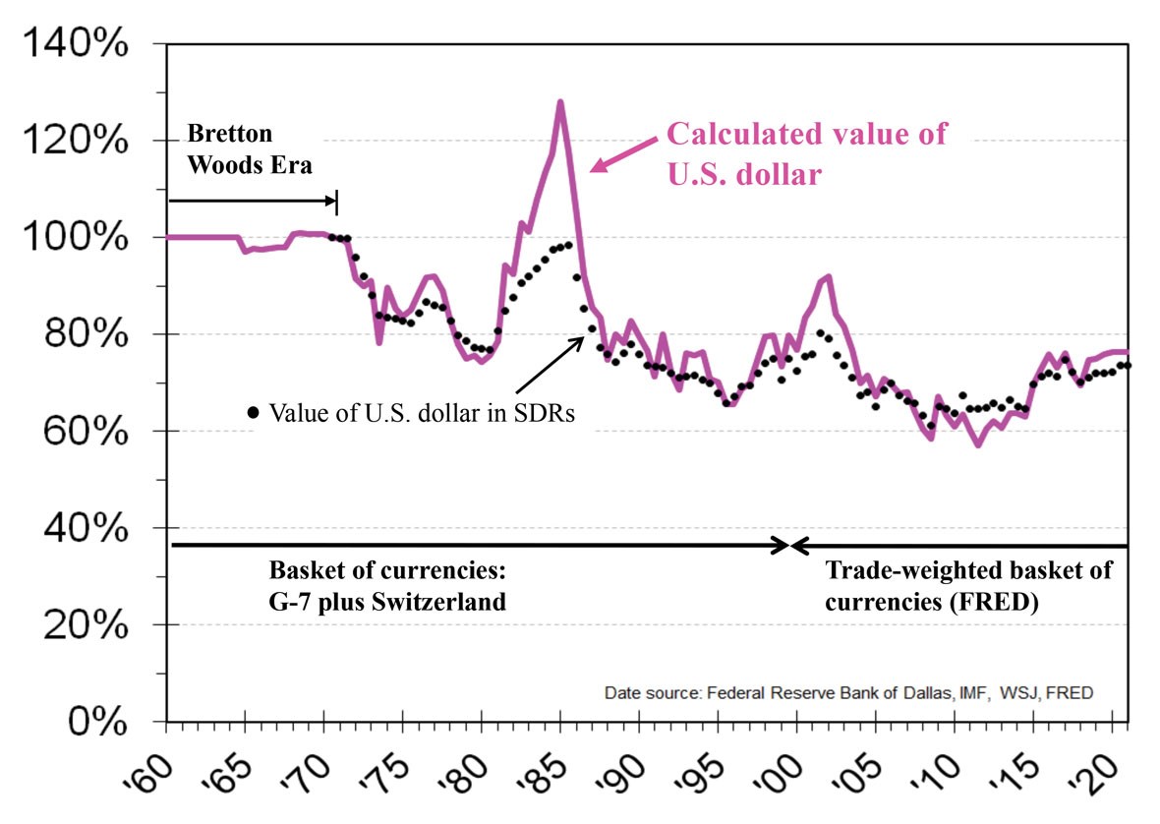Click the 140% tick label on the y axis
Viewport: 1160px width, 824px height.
pos(77,44)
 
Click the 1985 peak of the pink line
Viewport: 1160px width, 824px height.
pos(560,101)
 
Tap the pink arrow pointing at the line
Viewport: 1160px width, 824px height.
pos(623,155)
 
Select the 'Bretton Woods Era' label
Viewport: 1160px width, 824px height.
pos(250,148)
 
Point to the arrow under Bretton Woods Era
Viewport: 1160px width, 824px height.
pos(253,202)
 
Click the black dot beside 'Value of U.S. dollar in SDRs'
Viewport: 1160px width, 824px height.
pos(254,413)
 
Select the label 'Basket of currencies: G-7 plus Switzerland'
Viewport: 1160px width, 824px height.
pos(387,585)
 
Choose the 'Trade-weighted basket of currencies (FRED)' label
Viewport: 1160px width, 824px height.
pos(967,585)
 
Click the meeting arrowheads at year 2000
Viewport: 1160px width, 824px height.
pos(790,545)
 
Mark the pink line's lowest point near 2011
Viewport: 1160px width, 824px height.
pos(978,445)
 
